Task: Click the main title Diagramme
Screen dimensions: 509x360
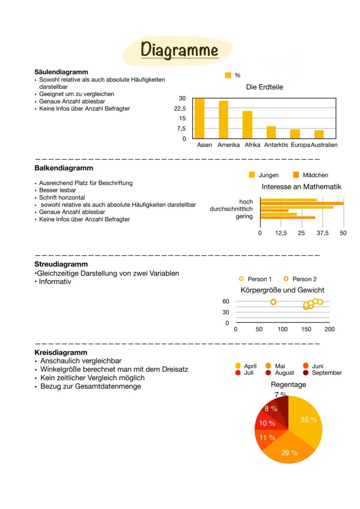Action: [179, 50]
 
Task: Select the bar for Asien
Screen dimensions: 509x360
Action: [200, 118]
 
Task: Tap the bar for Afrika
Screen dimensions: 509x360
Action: [247, 125]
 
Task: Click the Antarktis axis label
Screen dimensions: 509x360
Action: [276, 145]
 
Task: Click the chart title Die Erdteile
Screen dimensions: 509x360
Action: [264, 87]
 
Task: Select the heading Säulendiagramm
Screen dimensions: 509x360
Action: [61, 72]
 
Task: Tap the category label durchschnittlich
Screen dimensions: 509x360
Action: [231, 209]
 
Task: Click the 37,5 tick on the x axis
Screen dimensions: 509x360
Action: [323, 233]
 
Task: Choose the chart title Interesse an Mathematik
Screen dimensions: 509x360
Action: [301, 187]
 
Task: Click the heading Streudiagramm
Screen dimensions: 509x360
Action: [61, 264]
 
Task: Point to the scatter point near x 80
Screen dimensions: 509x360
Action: [273, 302]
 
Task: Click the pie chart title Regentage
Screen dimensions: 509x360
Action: [288, 385]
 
